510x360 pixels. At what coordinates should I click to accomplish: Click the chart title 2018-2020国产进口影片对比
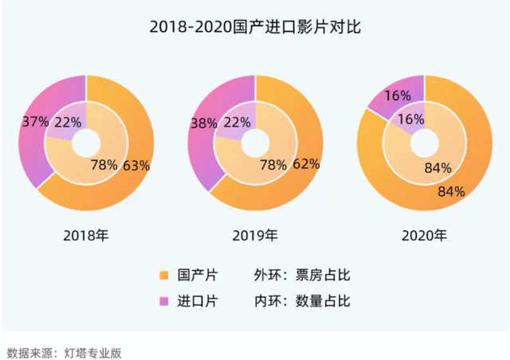(255, 28)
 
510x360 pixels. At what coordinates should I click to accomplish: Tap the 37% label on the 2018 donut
(35, 123)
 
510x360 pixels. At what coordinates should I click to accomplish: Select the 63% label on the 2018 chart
(136, 166)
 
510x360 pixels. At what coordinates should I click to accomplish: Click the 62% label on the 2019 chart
(306, 164)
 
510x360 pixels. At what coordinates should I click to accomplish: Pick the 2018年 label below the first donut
(88, 236)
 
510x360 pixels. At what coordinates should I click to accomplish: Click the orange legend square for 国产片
(164, 276)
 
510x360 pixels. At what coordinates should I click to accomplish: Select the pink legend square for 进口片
(164, 301)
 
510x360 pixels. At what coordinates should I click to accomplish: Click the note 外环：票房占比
(302, 276)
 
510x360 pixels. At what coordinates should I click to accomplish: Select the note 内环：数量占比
(302, 301)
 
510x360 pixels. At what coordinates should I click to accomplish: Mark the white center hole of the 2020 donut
(425, 143)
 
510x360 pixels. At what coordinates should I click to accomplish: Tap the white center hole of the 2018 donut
(87, 143)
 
